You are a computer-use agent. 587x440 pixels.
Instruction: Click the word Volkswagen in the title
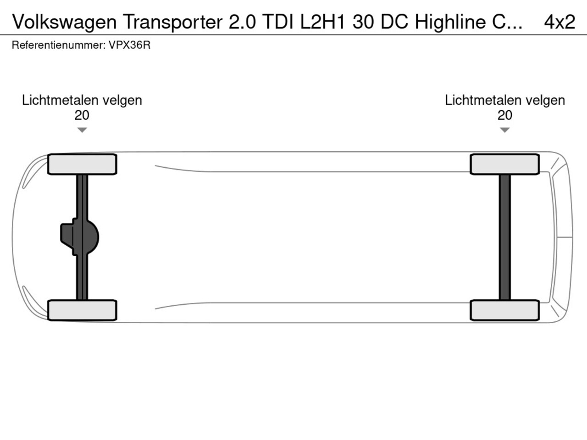64,22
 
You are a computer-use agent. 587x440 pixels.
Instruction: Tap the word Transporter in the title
172,22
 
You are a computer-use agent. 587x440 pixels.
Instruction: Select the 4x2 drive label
559,22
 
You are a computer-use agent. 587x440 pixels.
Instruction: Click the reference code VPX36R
129,45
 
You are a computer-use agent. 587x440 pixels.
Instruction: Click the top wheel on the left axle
82,164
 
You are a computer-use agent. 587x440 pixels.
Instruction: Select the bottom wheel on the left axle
82,310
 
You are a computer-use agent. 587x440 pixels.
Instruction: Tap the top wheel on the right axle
504,164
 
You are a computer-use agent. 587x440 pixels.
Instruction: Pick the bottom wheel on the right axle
504,310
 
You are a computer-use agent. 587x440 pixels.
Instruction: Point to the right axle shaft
504,237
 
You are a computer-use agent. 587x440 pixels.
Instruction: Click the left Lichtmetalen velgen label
82,100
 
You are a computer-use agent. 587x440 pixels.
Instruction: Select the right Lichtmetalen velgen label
504,100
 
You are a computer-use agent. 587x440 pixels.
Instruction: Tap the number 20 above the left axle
82,115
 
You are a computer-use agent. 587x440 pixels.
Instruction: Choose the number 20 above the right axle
504,115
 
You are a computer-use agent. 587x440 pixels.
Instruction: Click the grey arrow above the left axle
82,130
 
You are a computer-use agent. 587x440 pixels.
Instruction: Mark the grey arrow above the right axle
504,130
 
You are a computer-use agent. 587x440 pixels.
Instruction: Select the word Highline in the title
450,22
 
